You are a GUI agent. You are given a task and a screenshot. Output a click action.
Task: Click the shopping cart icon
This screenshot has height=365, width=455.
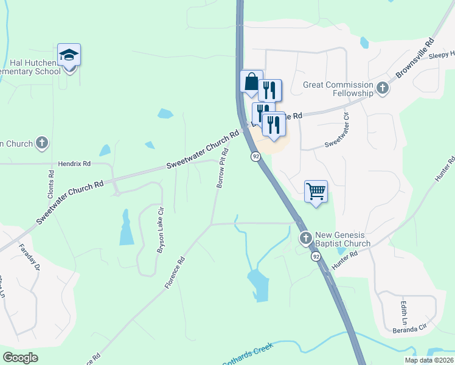coord(316,192)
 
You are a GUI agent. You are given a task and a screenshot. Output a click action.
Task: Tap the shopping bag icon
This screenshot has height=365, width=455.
coord(251,81)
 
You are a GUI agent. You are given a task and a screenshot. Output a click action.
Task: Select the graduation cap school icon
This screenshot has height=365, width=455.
coord(69,55)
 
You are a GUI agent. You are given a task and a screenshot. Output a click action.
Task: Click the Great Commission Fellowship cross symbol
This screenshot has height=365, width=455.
coord(382,89)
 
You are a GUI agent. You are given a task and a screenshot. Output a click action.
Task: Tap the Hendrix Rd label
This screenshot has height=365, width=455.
coord(74,164)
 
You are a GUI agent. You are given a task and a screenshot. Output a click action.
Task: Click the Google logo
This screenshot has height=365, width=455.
coord(20,358)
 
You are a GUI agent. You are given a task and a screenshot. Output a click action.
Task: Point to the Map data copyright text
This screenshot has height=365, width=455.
coord(429,360)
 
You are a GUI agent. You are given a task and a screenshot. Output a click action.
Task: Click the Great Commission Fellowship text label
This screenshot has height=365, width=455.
coord(338,89)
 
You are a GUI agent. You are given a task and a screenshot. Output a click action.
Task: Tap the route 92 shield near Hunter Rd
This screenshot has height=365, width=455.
coord(316,257)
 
